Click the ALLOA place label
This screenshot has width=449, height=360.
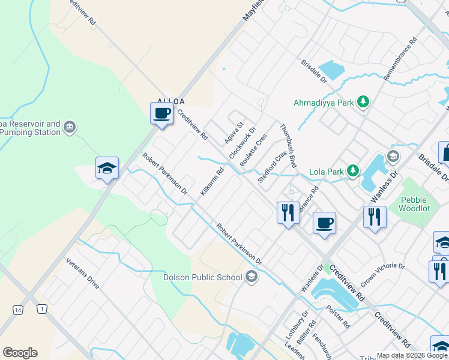click(x=171, y=102)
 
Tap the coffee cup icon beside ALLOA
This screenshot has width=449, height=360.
click(x=161, y=114)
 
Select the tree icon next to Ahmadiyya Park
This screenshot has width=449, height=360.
click(x=363, y=103)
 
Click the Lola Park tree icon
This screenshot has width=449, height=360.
click(x=353, y=172)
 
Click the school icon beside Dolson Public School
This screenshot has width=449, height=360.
click(x=252, y=277)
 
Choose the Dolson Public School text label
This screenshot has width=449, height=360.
click(x=203, y=277)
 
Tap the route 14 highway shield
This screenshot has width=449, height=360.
click(x=18, y=310)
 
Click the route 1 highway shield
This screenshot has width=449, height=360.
click(x=41, y=309)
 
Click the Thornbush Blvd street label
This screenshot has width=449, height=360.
click(x=289, y=145)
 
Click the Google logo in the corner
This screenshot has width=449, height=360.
click(x=20, y=353)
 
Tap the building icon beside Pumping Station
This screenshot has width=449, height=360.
click(x=70, y=127)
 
